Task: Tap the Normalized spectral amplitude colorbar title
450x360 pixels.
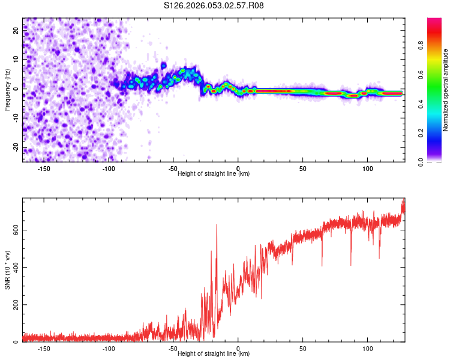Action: coord(445,90)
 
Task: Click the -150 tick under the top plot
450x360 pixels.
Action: coord(44,168)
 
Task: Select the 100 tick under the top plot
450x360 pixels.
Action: coord(367,168)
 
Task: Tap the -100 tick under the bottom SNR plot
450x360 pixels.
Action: coord(109,348)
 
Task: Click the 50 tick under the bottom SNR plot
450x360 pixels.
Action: coord(303,348)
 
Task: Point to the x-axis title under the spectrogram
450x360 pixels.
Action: coord(214,173)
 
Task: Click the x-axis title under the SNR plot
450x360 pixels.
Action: coord(214,353)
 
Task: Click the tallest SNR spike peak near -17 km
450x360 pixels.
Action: coord(217,224)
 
